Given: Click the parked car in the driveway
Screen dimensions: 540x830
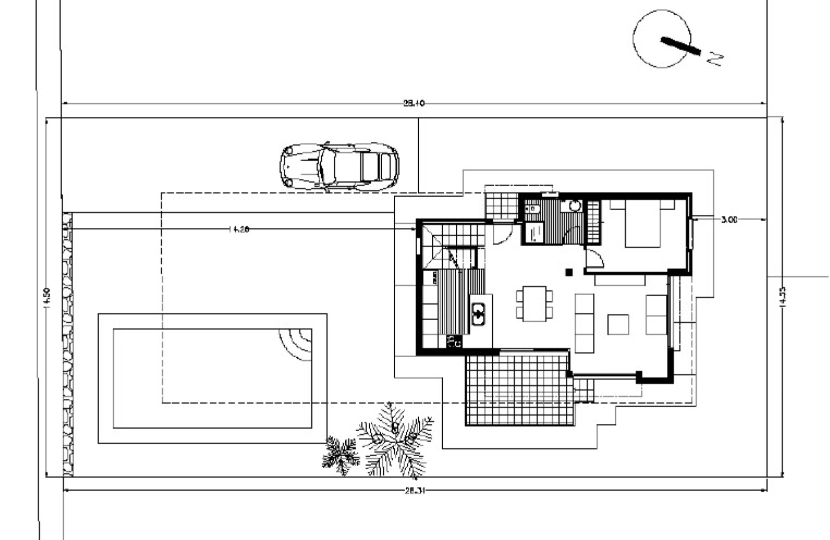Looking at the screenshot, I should point(339,166).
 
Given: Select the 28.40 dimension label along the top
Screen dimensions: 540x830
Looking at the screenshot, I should point(413,103).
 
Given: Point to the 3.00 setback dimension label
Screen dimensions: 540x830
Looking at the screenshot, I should point(729,219).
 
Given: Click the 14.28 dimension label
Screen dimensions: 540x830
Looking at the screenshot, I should point(238,229).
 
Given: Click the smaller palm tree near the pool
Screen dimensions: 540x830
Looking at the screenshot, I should point(341,454).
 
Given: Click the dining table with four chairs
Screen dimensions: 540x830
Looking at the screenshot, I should point(534,303).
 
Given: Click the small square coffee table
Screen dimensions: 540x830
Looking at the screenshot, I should point(618,324).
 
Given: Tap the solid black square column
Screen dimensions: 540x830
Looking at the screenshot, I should point(569,272).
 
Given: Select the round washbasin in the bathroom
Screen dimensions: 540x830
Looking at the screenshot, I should point(575,205).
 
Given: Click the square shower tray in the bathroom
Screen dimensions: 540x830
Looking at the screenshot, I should point(533,233).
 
